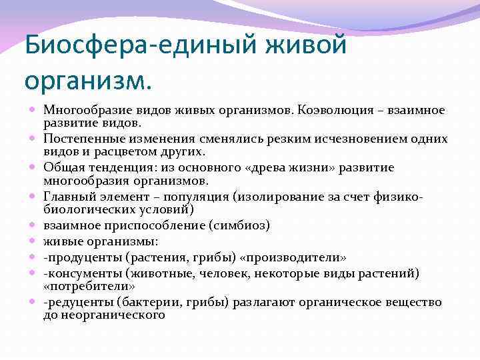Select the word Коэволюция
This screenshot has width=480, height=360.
(336, 109)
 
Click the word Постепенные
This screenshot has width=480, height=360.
(83, 139)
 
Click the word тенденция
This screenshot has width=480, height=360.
(113, 167)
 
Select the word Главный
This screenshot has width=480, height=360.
(67, 196)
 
